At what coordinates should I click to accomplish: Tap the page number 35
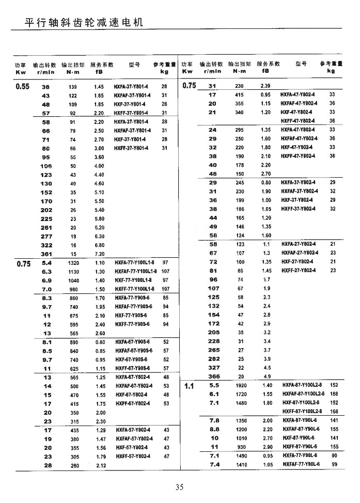coord(180,486)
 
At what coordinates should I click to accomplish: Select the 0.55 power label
coord(22,87)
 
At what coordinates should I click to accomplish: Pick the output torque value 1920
coord(241,385)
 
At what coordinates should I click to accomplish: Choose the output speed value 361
coord(46,254)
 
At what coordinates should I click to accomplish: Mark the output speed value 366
coord(213,376)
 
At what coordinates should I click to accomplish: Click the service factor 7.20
coord(99,254)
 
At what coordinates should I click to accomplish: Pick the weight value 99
coord(334,465)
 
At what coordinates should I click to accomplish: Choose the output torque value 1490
coord(241,456)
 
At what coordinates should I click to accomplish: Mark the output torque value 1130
coord(73,271)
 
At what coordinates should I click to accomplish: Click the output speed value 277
coord(46,237)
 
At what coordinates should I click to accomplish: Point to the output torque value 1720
coord(241,394)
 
